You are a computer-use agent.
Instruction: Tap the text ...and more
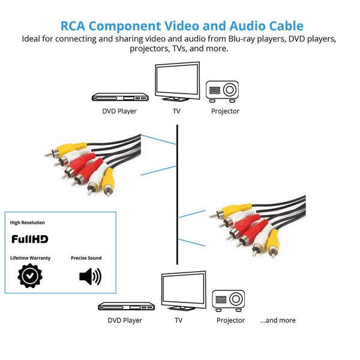278,320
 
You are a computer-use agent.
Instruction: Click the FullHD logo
30,239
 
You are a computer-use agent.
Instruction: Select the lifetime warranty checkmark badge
29,276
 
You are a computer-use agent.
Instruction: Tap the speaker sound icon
90,277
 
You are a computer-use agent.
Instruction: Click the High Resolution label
28,223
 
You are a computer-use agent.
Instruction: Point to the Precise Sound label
86,258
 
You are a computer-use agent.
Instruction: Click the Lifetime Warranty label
31,258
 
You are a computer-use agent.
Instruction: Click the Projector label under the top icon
225,111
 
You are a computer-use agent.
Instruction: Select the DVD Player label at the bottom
125,320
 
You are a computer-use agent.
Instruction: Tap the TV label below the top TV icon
176,111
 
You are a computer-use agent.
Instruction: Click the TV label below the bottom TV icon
178,320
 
